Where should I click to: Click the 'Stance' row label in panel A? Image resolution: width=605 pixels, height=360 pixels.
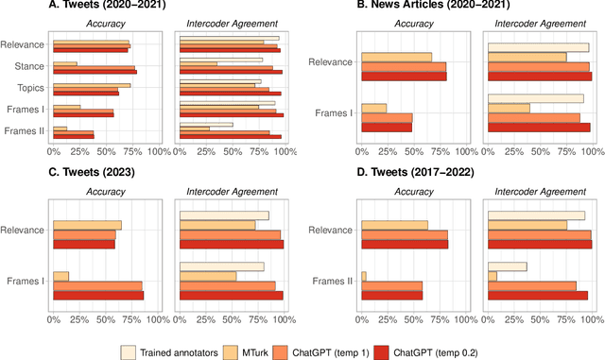click(x=35, y=67)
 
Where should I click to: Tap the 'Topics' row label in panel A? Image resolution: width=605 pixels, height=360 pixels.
click(x=35, y=88)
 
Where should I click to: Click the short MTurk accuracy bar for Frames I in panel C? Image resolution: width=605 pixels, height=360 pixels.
click(x=61, y=276)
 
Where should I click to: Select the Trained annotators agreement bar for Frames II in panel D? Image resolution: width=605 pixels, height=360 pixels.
click(x=508, y=266)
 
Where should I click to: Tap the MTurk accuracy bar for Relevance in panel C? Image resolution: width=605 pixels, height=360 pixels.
click(x=87, y=225)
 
